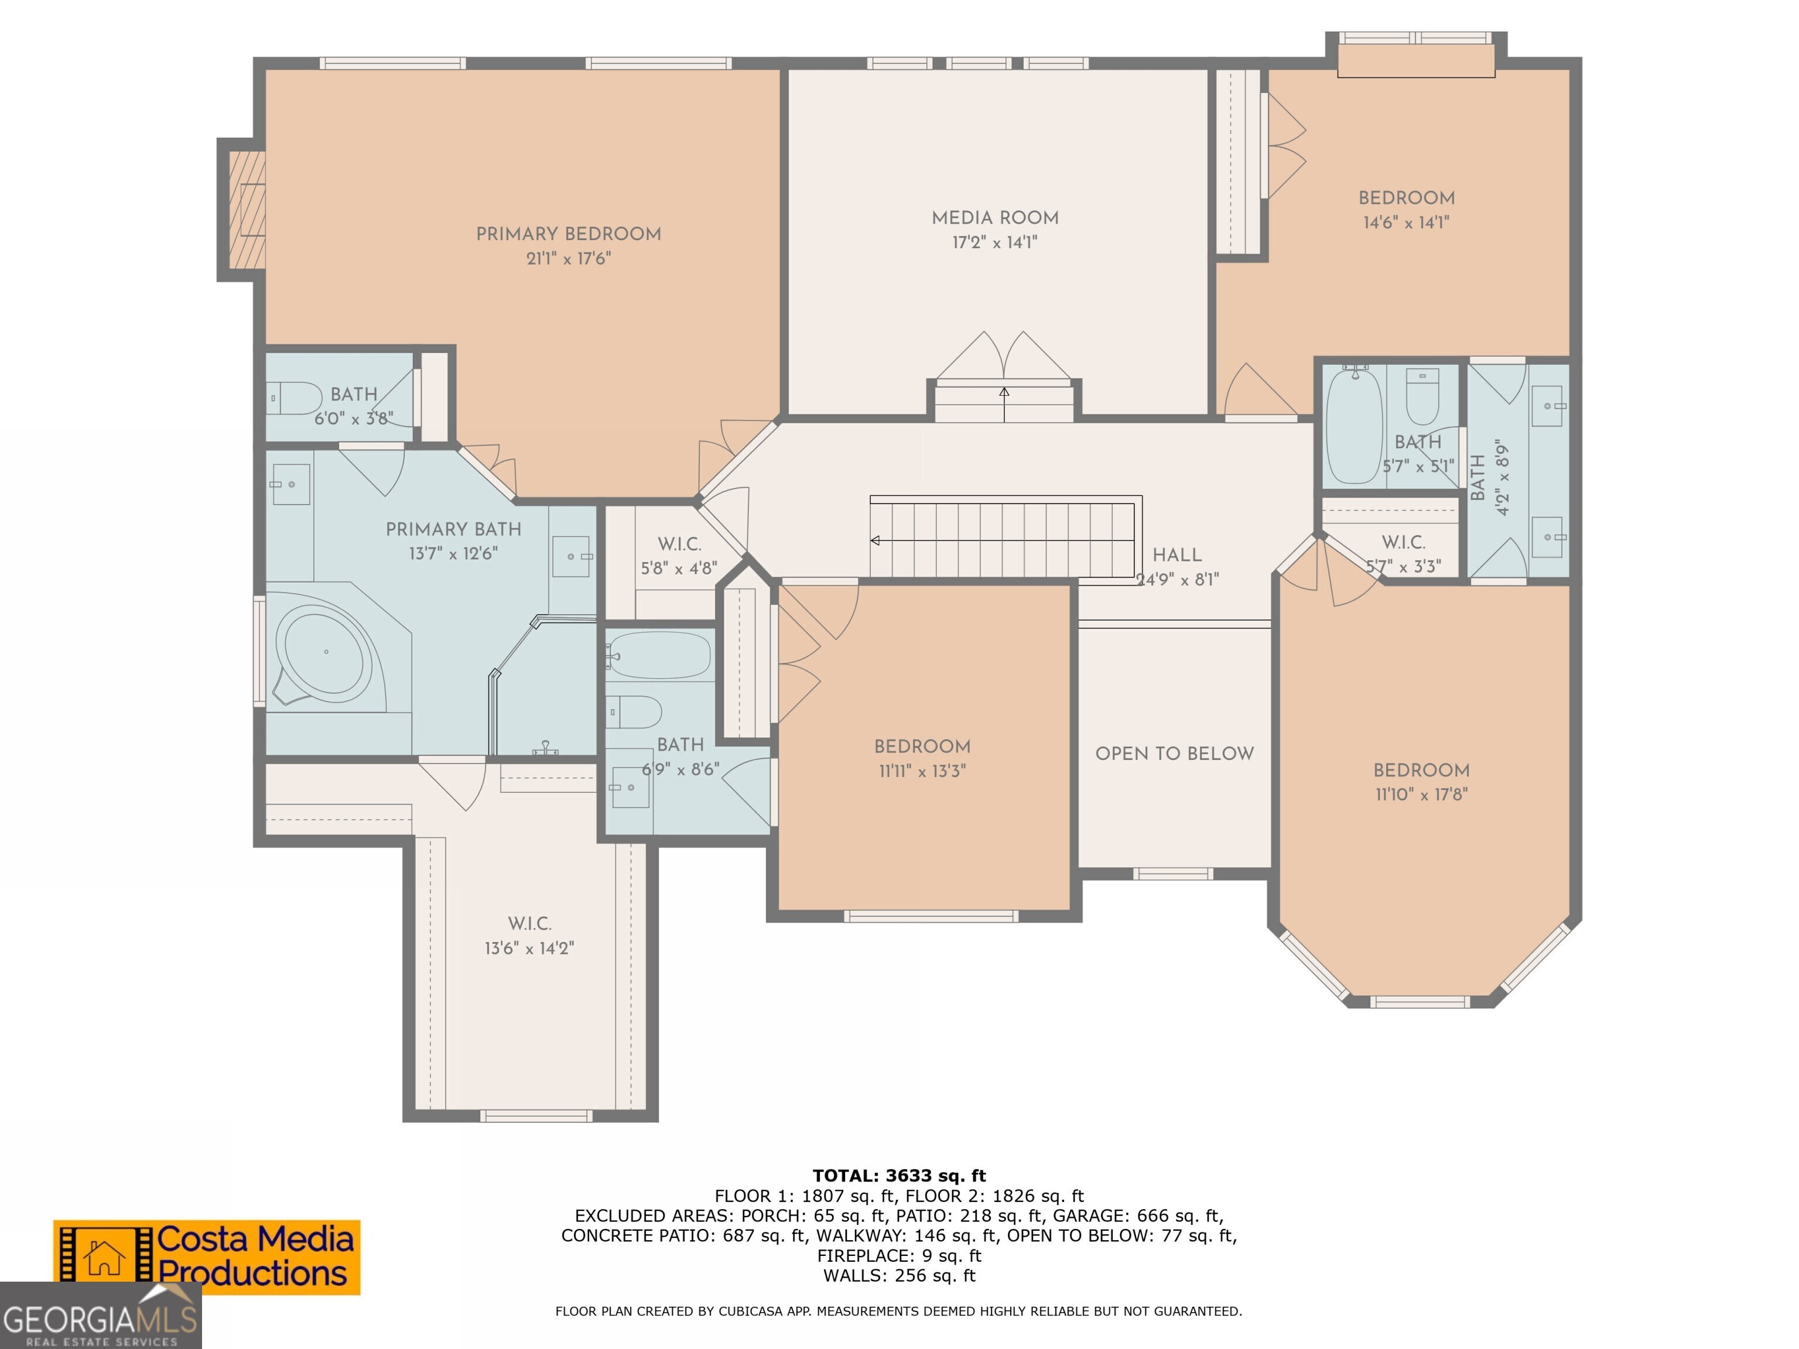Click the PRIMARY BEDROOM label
[x=567, y=234]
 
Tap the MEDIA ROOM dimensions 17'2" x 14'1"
[x=994, y=242]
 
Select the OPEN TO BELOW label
[x=1174, y=754]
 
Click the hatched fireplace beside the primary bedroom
[x=247, y=210]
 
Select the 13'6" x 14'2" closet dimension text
[x=529, y=948]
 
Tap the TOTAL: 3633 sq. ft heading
[x=899, y=1175]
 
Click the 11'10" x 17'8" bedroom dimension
[x=1421, y=795]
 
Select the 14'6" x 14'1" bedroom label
[x=1406, y=198]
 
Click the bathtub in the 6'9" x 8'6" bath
[x=661, y=655]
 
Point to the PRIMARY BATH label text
[x=453, y=529]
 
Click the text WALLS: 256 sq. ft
[x=899, y=1276]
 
